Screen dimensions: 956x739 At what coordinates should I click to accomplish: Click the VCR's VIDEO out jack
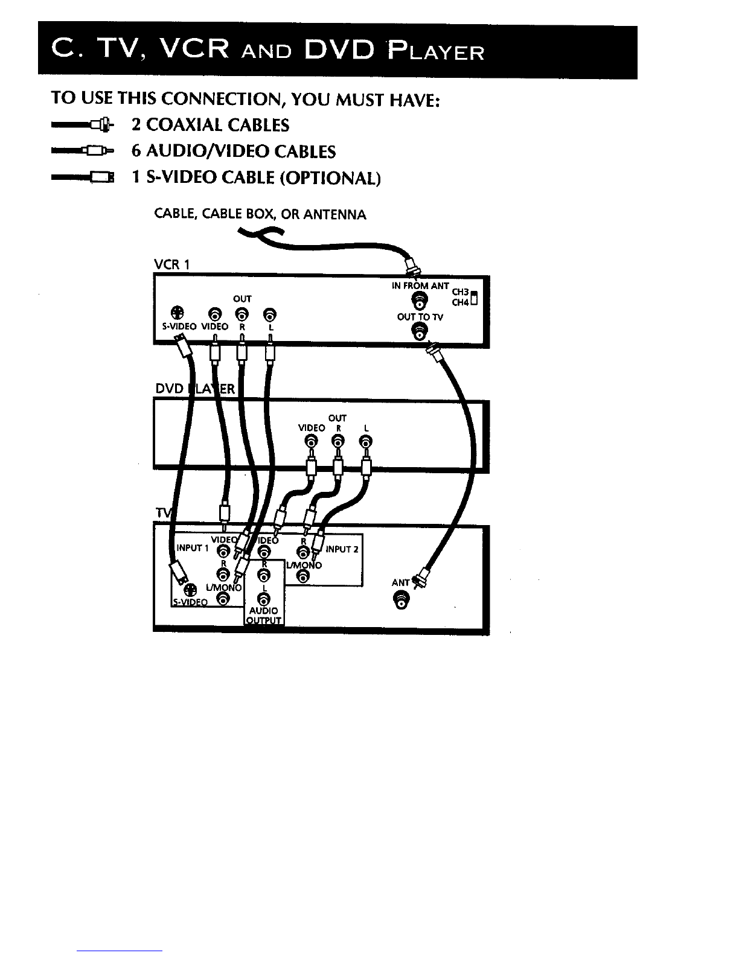tap(214, 313)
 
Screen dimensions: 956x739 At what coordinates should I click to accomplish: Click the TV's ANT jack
tap(402, 600)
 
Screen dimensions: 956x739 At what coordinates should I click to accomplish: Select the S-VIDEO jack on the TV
tap(190, 590)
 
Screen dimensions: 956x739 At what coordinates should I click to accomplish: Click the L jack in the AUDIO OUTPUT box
tap(263, 599)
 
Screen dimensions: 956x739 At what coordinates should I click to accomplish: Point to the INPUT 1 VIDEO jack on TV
tap(223, 551)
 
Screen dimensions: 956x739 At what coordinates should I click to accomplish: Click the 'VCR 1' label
tap(172, 264)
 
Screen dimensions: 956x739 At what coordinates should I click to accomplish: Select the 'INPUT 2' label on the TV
tap(342, 549)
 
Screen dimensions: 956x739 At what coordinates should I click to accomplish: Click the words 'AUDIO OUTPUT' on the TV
tap(264, 616)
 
